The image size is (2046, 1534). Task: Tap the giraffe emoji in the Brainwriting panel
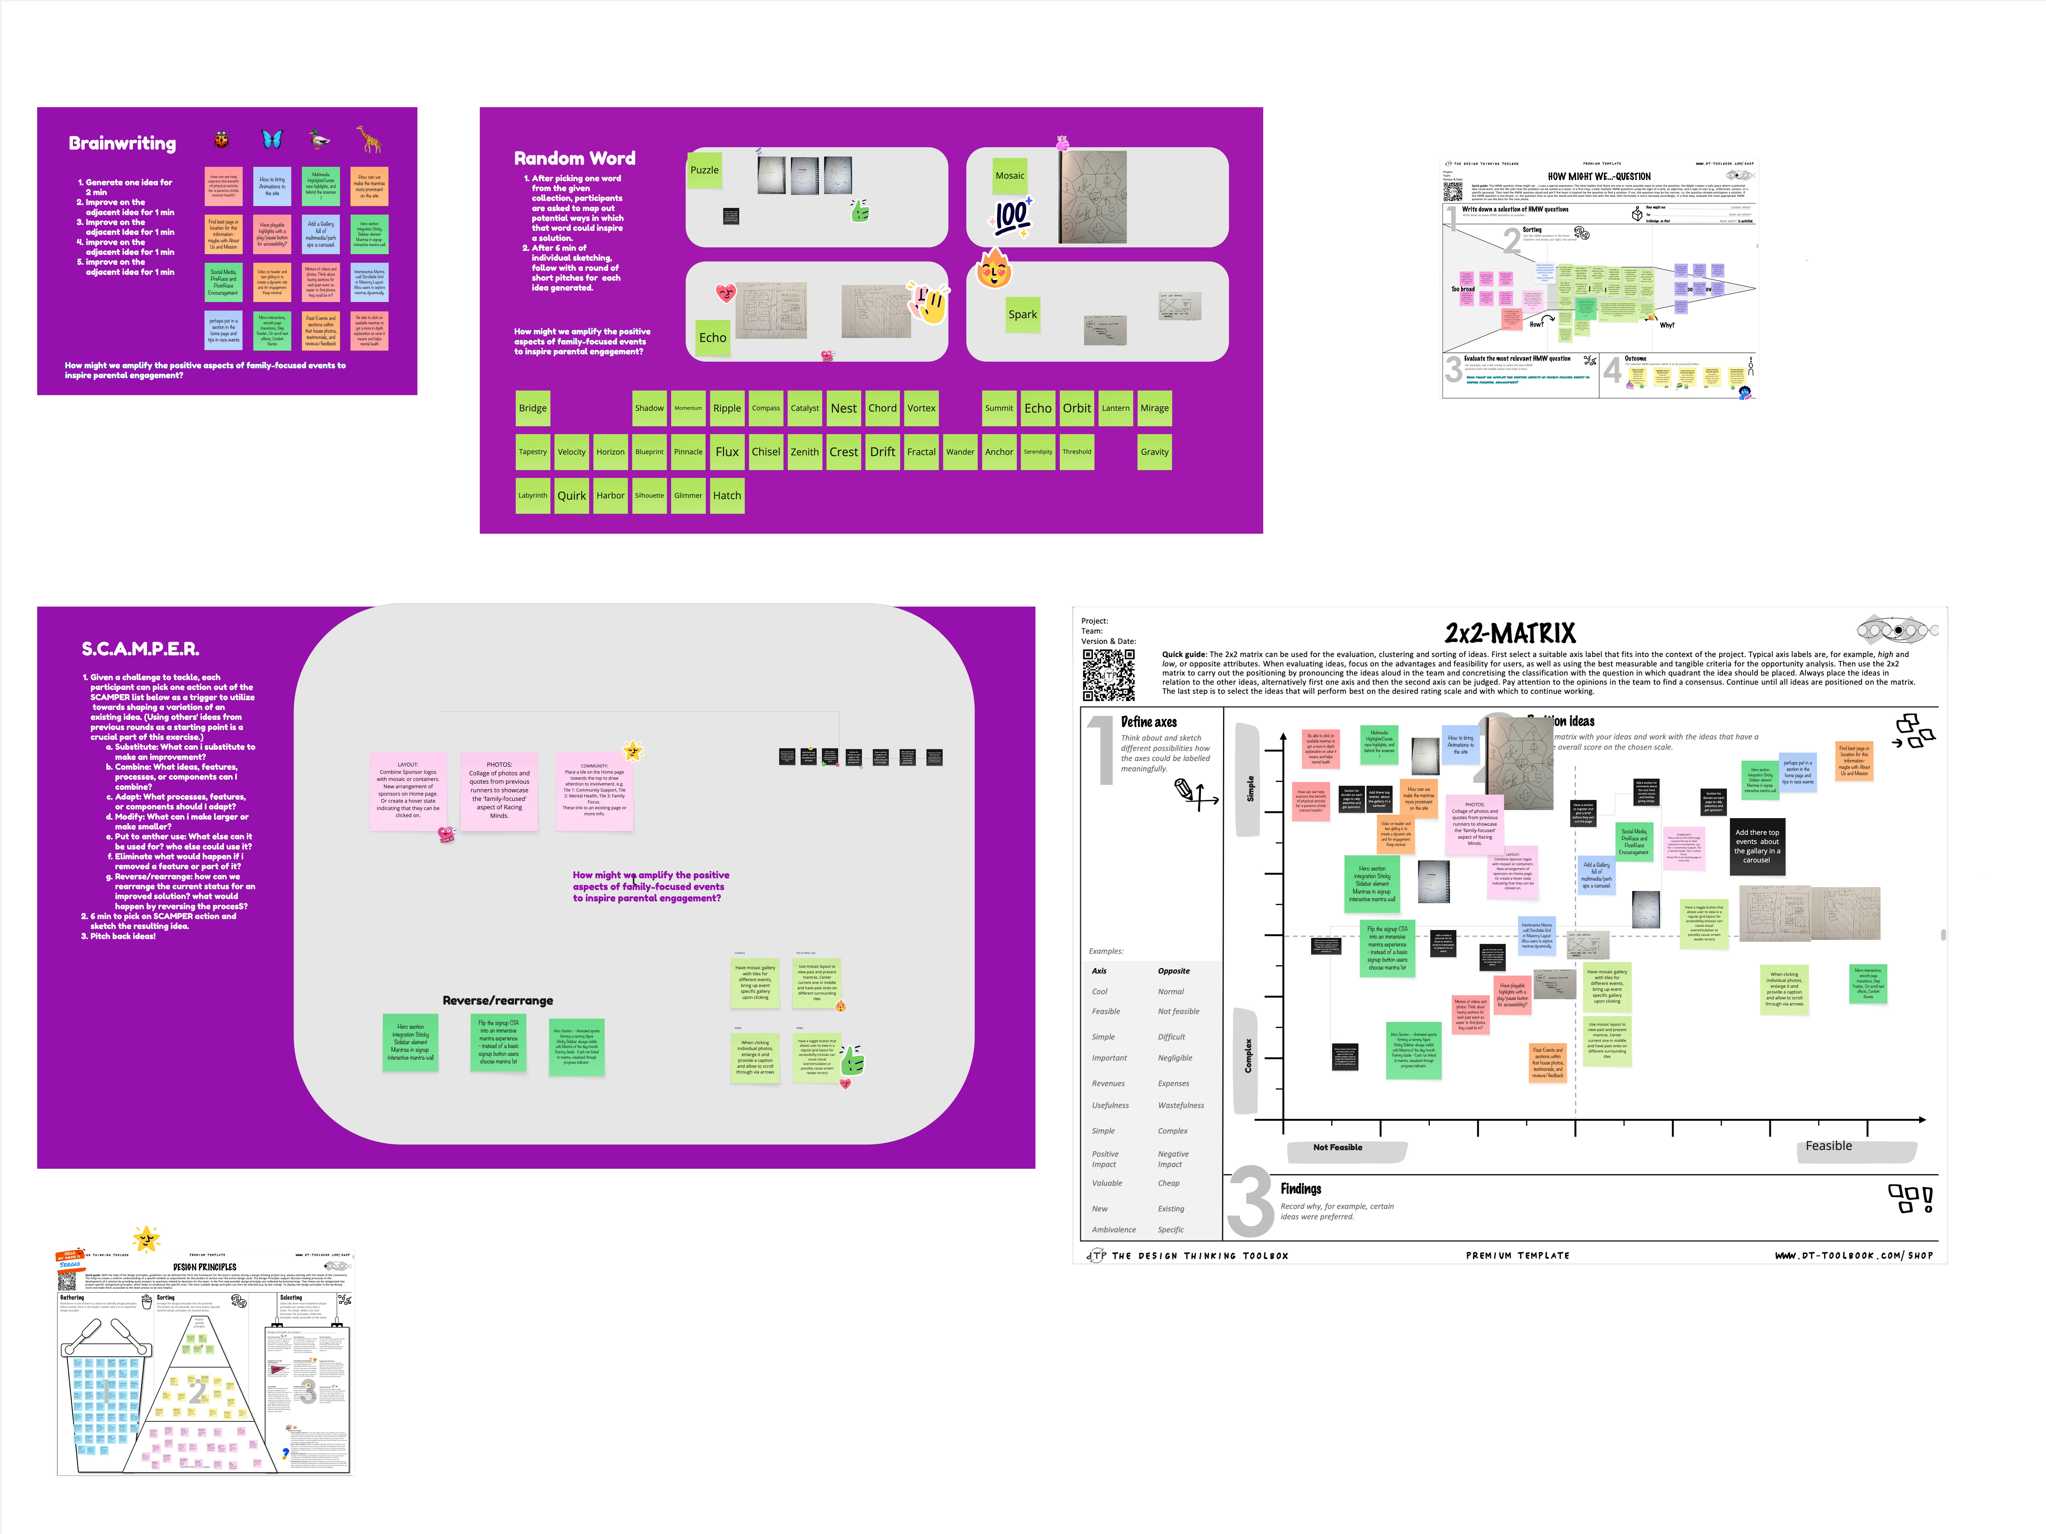(x=369, y=140)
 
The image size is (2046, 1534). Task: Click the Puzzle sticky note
(x=704, y=170)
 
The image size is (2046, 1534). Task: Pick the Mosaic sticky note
(x=1009, y=176)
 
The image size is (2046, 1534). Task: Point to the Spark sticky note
(x=1022, y=315)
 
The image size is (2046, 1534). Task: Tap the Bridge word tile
(x=533, y=408)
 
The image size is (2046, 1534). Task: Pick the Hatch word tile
(x=726, y=496)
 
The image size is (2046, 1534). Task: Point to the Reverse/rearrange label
(x=498, y=1000)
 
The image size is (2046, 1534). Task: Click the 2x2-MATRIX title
(x=1510, y=634)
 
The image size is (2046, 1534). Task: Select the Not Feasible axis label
(x=1337, y=1147)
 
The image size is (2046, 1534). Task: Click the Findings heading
(x=1300, y=1189)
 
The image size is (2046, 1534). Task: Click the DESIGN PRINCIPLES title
(x=204, y=1267)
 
